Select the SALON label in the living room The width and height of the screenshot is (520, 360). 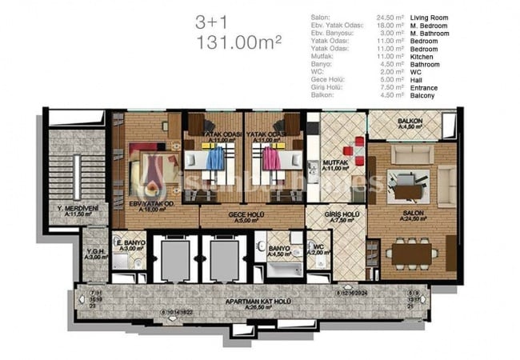tap(411, 213)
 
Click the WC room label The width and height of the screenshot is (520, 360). tap(318, 249)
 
